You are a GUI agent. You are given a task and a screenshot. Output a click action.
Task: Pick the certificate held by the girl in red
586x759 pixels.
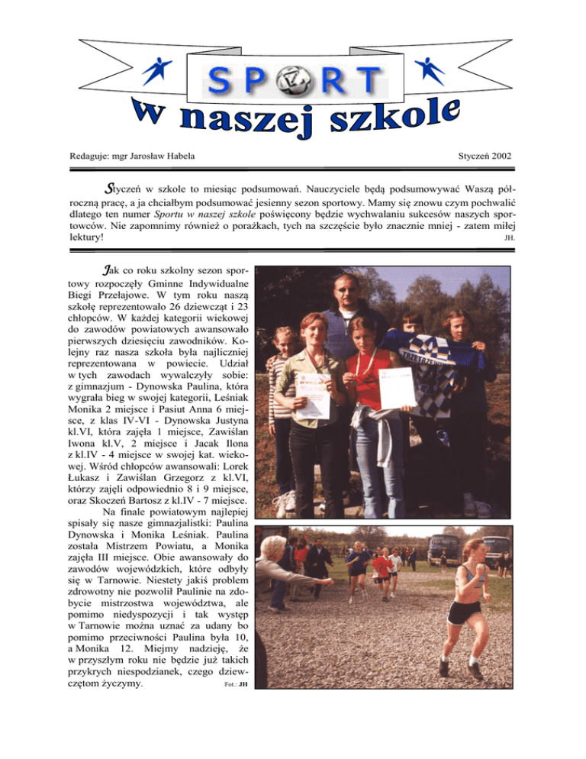(x=397, y=387)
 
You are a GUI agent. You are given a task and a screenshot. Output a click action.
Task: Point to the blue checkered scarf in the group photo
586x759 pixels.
(x=423, y=367)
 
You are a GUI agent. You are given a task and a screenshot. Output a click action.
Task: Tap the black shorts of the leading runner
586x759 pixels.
(x=463, y=612)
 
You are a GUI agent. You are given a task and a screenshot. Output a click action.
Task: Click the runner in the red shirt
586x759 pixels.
(x=381, y=567)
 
